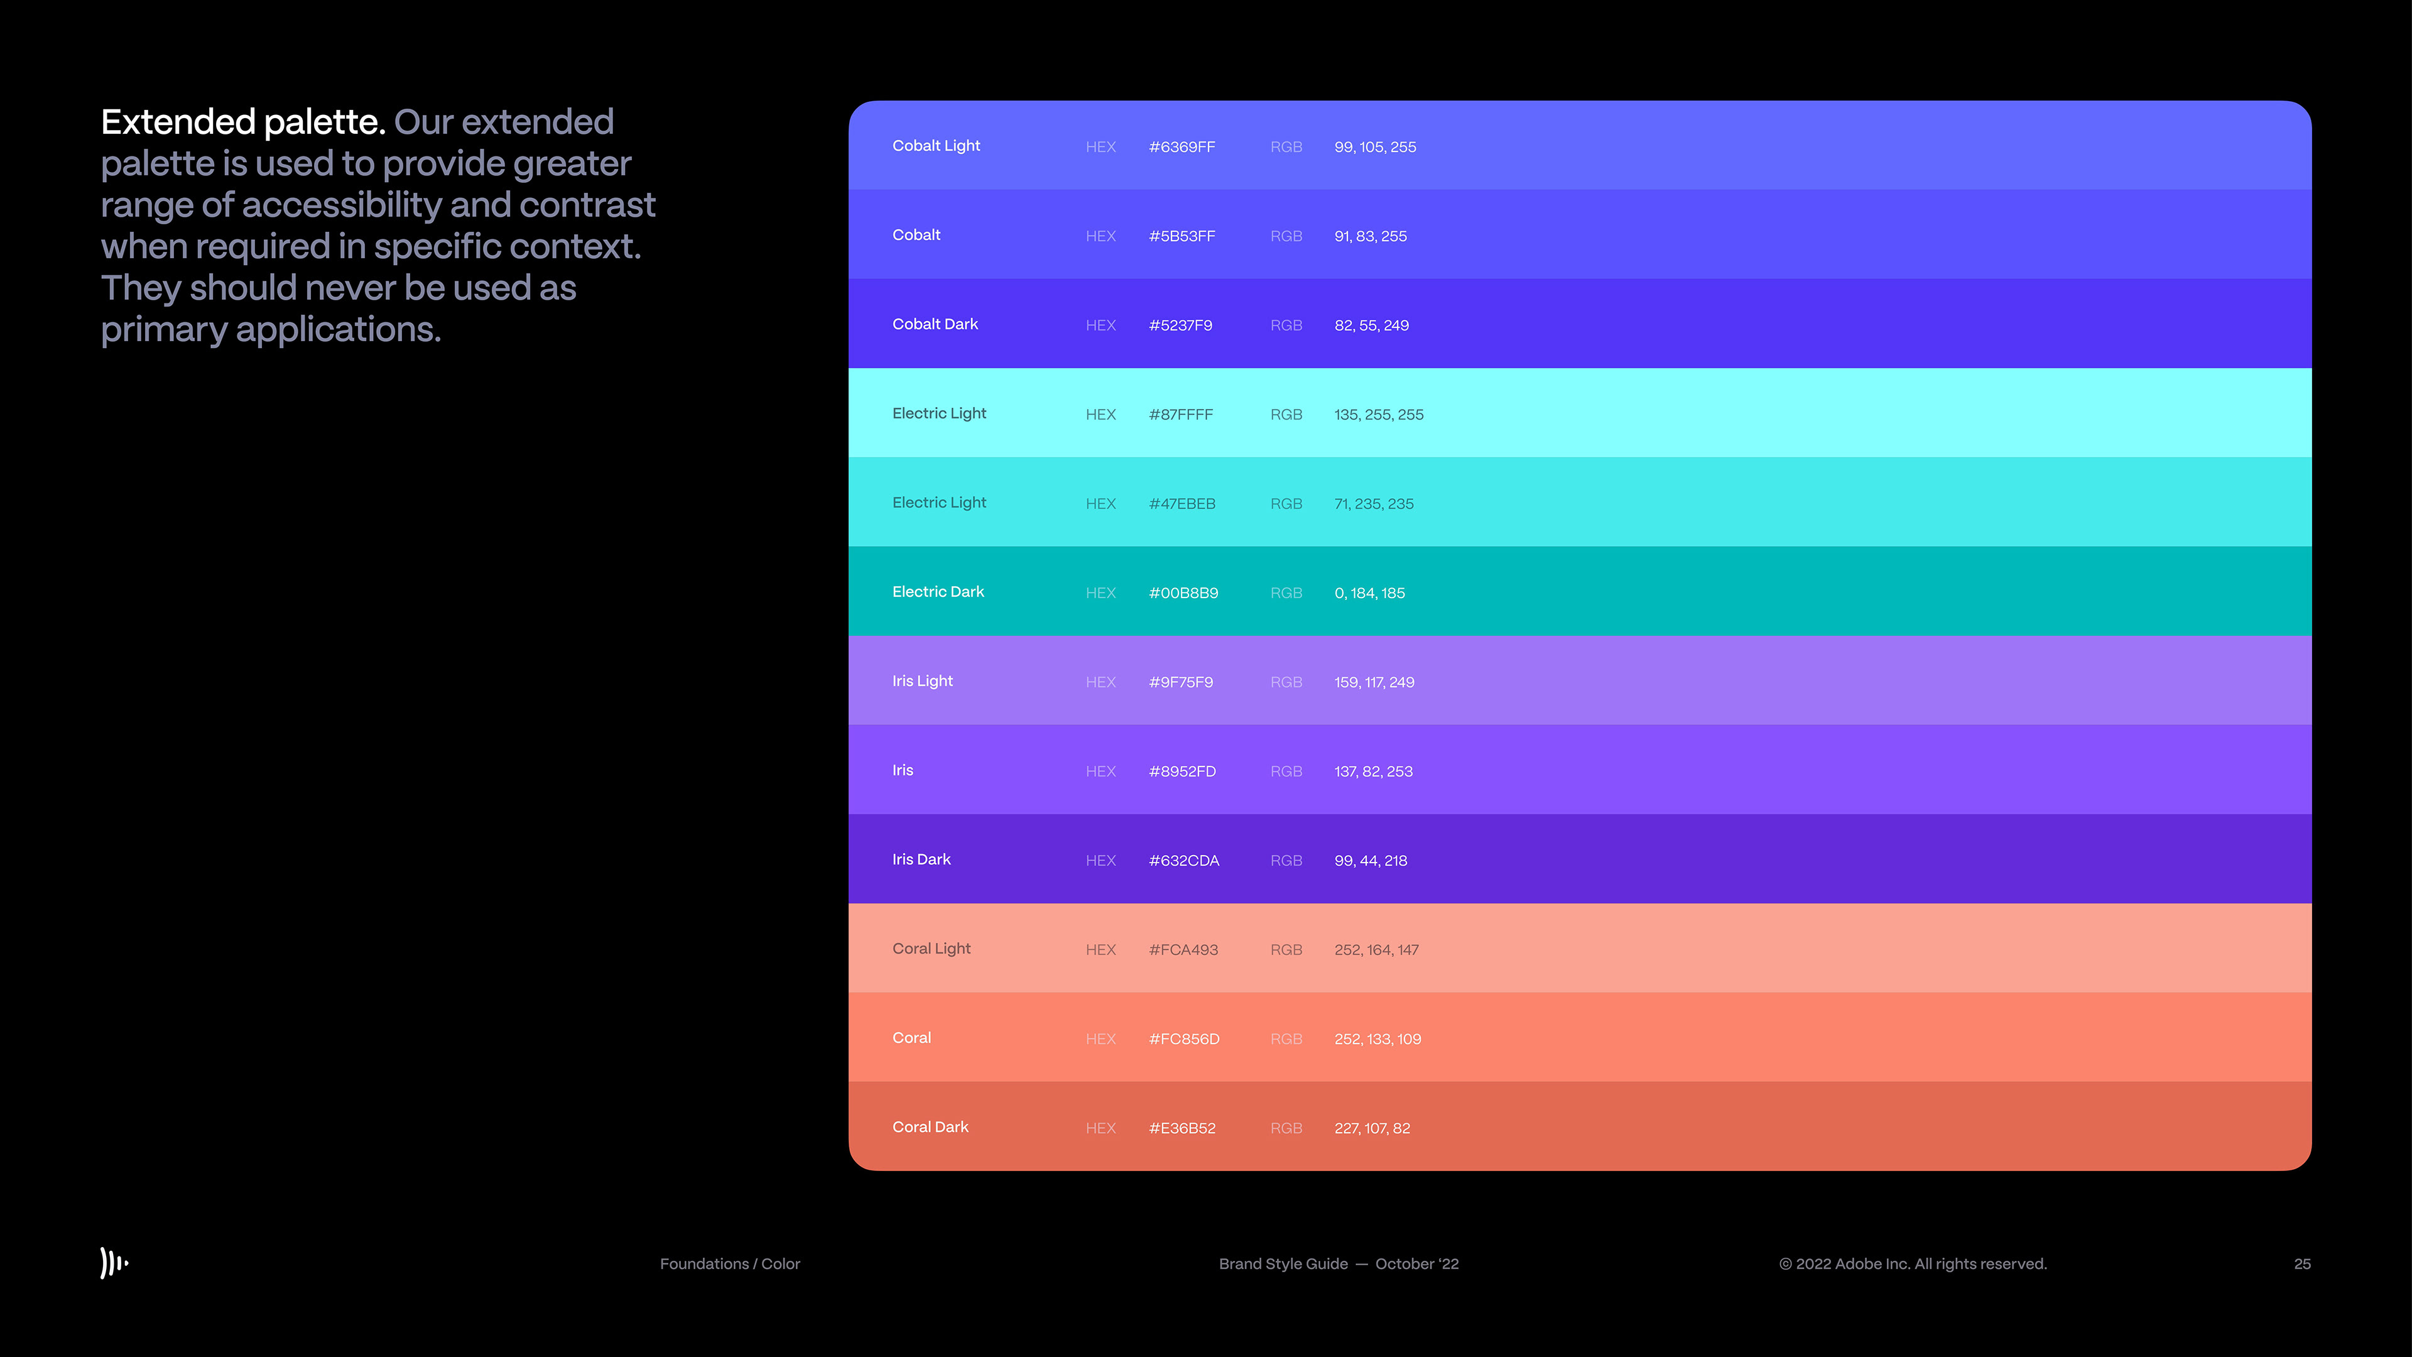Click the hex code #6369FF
click(1182, 147)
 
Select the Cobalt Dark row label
click(935, 324)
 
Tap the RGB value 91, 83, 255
click(1370, 236)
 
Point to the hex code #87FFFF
click(1181, 414)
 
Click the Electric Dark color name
click(937, 592)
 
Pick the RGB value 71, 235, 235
click(1374, 504)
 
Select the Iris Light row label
click(921, 681)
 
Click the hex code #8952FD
click(1182, 771)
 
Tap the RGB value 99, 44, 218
click(1370, 861)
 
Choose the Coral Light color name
click(931, 949)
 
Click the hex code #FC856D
click(1183, 1038)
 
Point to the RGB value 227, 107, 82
click(1372, 1128)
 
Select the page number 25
click(2301, 1264)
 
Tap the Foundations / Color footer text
click(729, 1264)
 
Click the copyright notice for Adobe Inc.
click(1912, 1264)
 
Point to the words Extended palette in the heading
click(242, 122)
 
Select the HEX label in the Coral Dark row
click(1100, 1128)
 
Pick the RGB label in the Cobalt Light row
click(1286, 147)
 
